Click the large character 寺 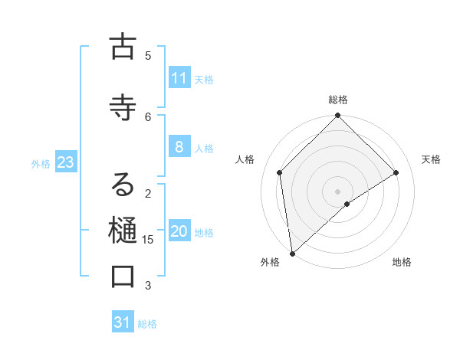click(123, 108)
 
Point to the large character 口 click(123, 277)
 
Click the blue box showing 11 click(179, 79)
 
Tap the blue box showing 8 click(179, 148)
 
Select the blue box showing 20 click(179, 232)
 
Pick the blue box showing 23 click(65, 163)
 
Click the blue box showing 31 click(123, 323)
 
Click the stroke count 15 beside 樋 click(148, 240)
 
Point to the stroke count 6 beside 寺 click(148, 116)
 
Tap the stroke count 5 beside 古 click(148, 55)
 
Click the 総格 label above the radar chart click(338, 100)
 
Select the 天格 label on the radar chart click(431, 159)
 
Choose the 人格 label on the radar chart click(245, 159)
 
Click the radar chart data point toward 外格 click(291, 254)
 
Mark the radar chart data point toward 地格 click(347, 204)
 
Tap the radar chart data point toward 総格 click(338, 116)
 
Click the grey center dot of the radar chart click(338, 191)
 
